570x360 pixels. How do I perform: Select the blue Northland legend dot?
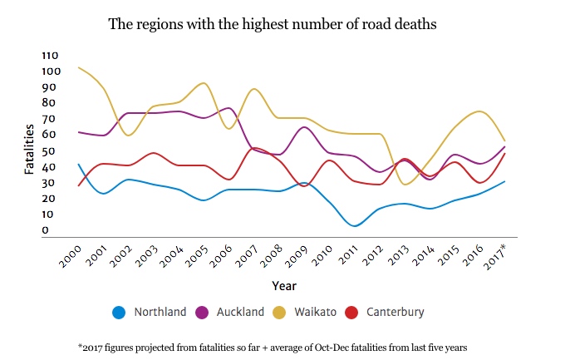click(x=118, y=313)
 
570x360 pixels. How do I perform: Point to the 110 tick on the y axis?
click(x=52, y=55)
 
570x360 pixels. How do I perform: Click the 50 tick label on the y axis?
click(x=49, y=150)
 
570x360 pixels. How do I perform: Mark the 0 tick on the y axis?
click(x=47, y=230)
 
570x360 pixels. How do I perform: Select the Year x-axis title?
click(x=283, y=285)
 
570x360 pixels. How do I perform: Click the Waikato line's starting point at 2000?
click(x=79, y=67)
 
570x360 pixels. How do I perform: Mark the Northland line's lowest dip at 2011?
click(x=355, y=225)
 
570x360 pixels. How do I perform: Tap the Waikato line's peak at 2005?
click(x=204, y=83)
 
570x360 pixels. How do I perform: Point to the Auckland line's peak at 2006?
click(x=228, y=108)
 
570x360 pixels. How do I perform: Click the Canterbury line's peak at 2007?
click(x=253, y=148)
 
